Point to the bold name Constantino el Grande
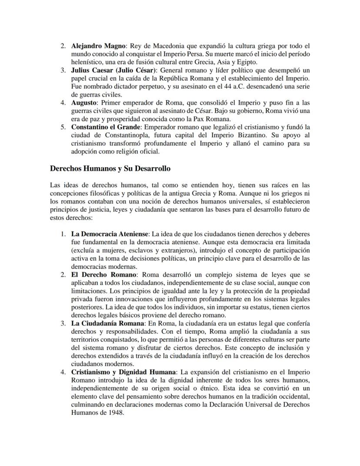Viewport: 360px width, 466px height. click(106, 127)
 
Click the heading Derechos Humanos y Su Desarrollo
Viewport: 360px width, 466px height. click(110, 168)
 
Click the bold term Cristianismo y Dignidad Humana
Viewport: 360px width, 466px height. click(124, 372)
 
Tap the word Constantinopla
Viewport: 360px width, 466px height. click(122, 135)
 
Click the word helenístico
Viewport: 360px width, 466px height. click(87, 62)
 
